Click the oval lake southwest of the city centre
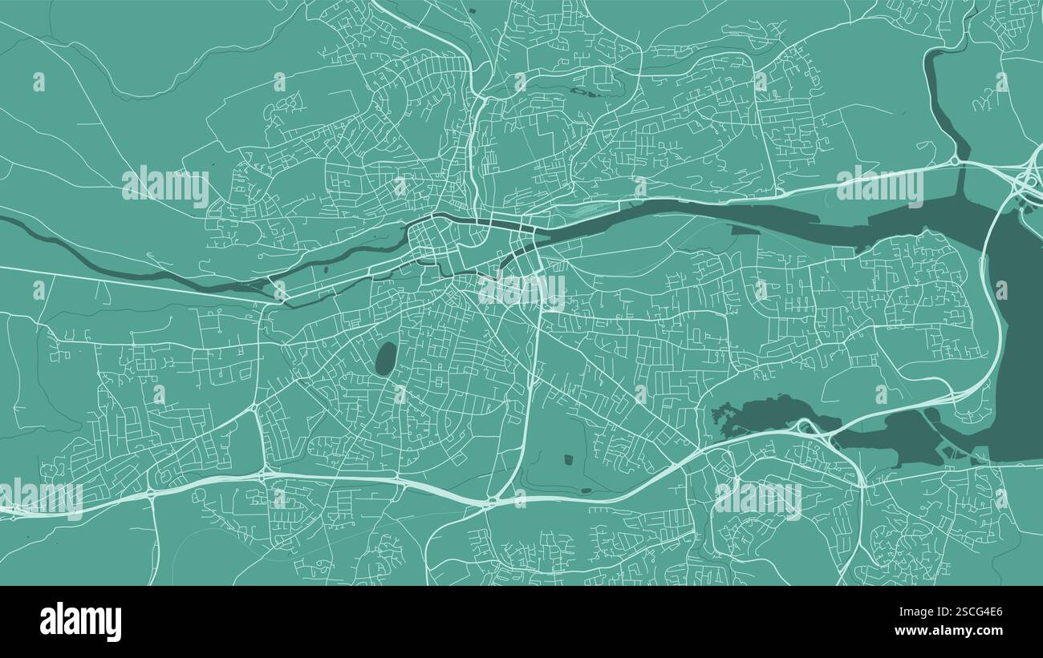[x=386, y=358]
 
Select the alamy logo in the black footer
[x=80, y=622]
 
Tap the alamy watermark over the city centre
[x=521, y=292]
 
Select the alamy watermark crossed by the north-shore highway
[x=879, y=186]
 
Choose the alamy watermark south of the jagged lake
[x=757, y=499]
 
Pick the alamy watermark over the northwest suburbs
[x=165, y=186]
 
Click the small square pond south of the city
[x=569, y=459]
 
